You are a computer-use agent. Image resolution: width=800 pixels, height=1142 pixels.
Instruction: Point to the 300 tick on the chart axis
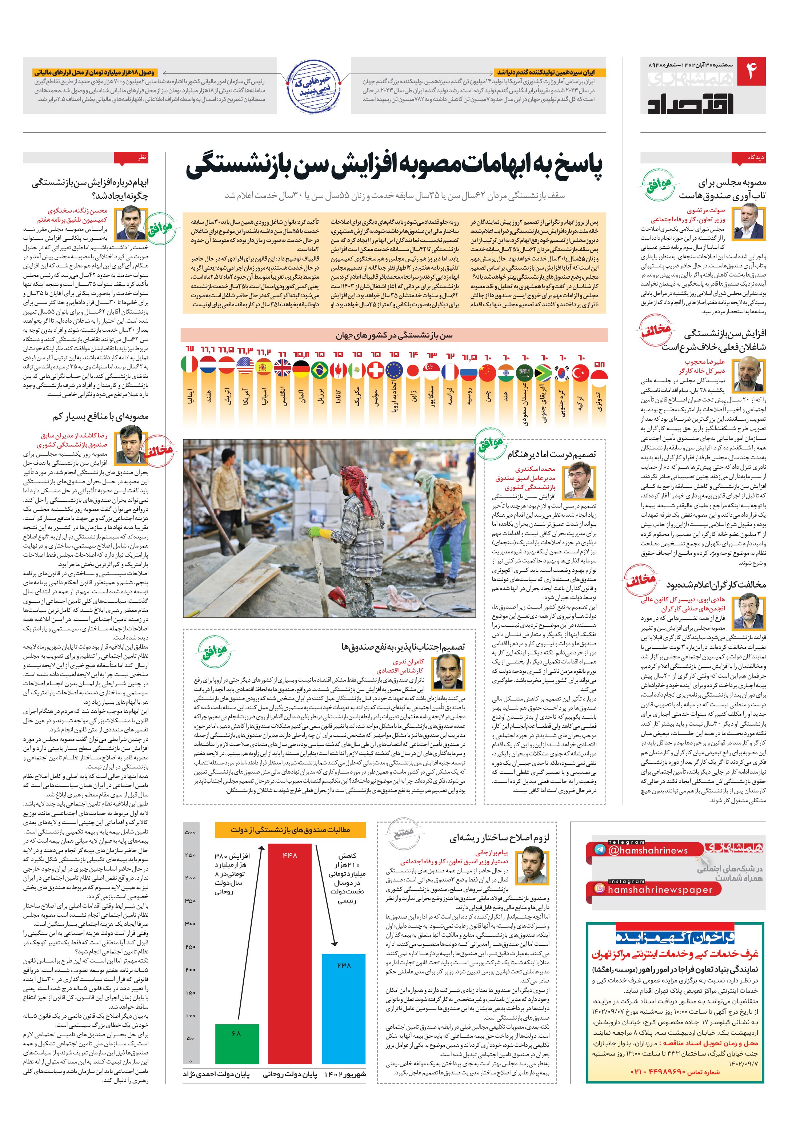tap(190, 924)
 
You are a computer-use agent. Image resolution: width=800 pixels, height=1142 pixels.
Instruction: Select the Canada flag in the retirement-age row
tap(338, 370)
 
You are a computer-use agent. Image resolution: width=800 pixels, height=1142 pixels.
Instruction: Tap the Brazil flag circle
tap(320, 370)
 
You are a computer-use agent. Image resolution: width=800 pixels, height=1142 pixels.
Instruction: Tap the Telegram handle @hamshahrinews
tap(647, 851)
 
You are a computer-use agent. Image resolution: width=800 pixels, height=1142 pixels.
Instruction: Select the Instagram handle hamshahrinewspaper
tap(660, 889)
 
